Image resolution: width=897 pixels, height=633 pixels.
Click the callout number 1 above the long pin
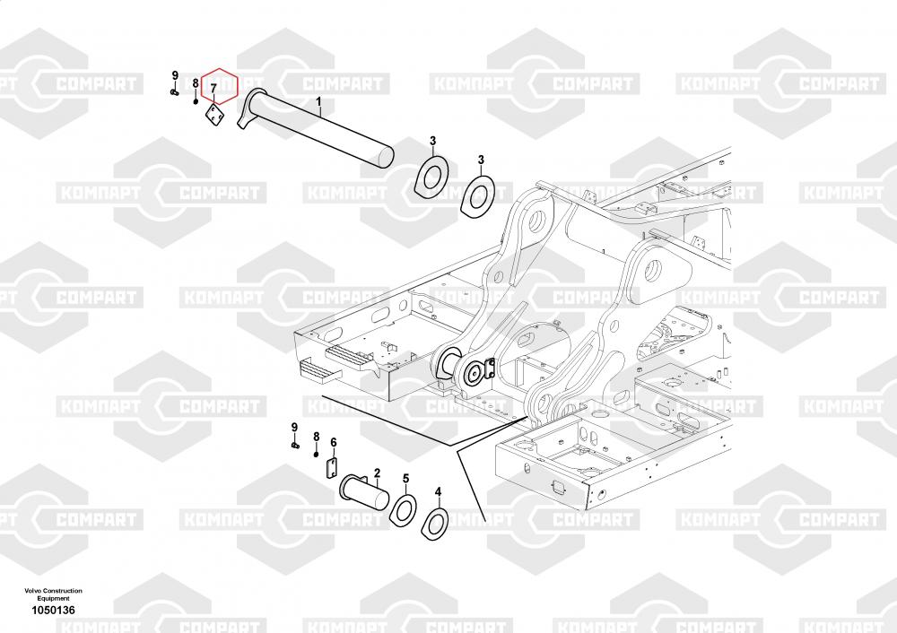[x=319, y=104]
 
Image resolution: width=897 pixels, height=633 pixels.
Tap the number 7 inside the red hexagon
[x=213, y=88]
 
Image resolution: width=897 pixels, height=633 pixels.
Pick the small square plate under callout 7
[x=215, y=117]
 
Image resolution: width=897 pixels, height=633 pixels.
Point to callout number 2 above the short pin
[x=377, y=472]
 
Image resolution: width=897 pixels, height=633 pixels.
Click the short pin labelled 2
[x=363, y=492]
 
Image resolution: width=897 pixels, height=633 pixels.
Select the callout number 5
[x=405, y=479]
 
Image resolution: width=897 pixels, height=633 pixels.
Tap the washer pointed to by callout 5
[x=404, y=508]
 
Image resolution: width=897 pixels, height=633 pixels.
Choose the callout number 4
[x=438, y=491]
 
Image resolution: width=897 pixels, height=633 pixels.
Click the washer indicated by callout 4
[x=435, y=524]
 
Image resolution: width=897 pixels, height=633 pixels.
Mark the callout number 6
[x=333, y=442]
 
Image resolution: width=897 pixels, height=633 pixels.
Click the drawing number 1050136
[x=53, y=610]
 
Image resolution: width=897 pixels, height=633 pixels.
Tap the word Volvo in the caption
[x=36, y=591]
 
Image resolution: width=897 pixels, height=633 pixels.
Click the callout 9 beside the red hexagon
[x=175, y=74]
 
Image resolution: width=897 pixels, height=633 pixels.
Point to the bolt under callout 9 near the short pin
[x=295, y=444]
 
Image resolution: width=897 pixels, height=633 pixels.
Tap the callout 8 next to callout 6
[x=316, y=436]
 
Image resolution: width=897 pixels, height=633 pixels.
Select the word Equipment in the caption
[x=53, y=598]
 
